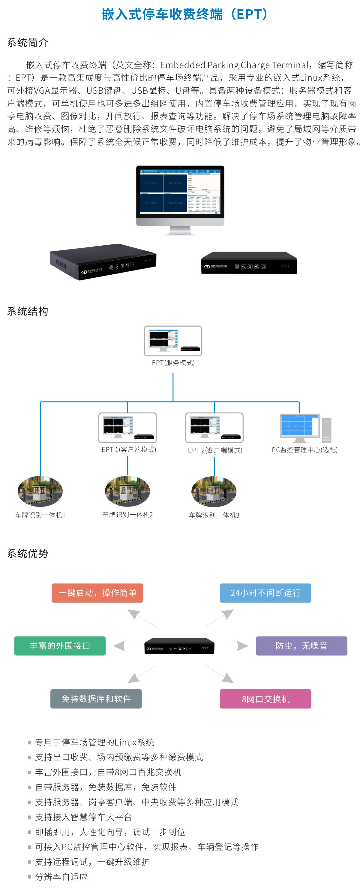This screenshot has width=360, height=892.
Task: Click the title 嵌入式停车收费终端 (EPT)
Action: click(x=184, y=14)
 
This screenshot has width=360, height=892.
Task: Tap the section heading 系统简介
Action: click(x=27, y=43)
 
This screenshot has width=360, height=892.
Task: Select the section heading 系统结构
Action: click(x=27, y=311)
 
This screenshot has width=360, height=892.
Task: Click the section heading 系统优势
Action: click(x=27, y=553)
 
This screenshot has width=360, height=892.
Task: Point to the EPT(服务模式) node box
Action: click(x=173, y=341)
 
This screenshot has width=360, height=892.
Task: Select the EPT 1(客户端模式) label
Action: click(x=129, y=449)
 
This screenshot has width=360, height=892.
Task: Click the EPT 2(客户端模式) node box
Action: click(x=214, y=427)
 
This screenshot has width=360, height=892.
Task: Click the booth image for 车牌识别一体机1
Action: click(x=40, y=491)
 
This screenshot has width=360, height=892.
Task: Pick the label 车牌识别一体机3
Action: click(x=214, y=515)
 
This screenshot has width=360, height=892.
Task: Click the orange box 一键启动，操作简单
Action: click(x=97, y=593)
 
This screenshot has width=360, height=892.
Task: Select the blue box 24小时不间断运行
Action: click(x=265, y=593)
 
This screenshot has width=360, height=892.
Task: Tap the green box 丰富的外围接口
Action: click(x=60, y=646)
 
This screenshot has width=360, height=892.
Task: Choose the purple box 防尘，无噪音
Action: click(x=301, y=646)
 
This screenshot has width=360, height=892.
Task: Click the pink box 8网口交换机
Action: click(x=265, y=699)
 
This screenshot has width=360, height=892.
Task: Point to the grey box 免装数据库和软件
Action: click(x=96, y=699)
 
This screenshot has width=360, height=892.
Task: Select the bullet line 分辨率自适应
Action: click(x=61, y=876)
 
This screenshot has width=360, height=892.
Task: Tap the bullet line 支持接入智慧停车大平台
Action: click(x=83, y=817)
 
